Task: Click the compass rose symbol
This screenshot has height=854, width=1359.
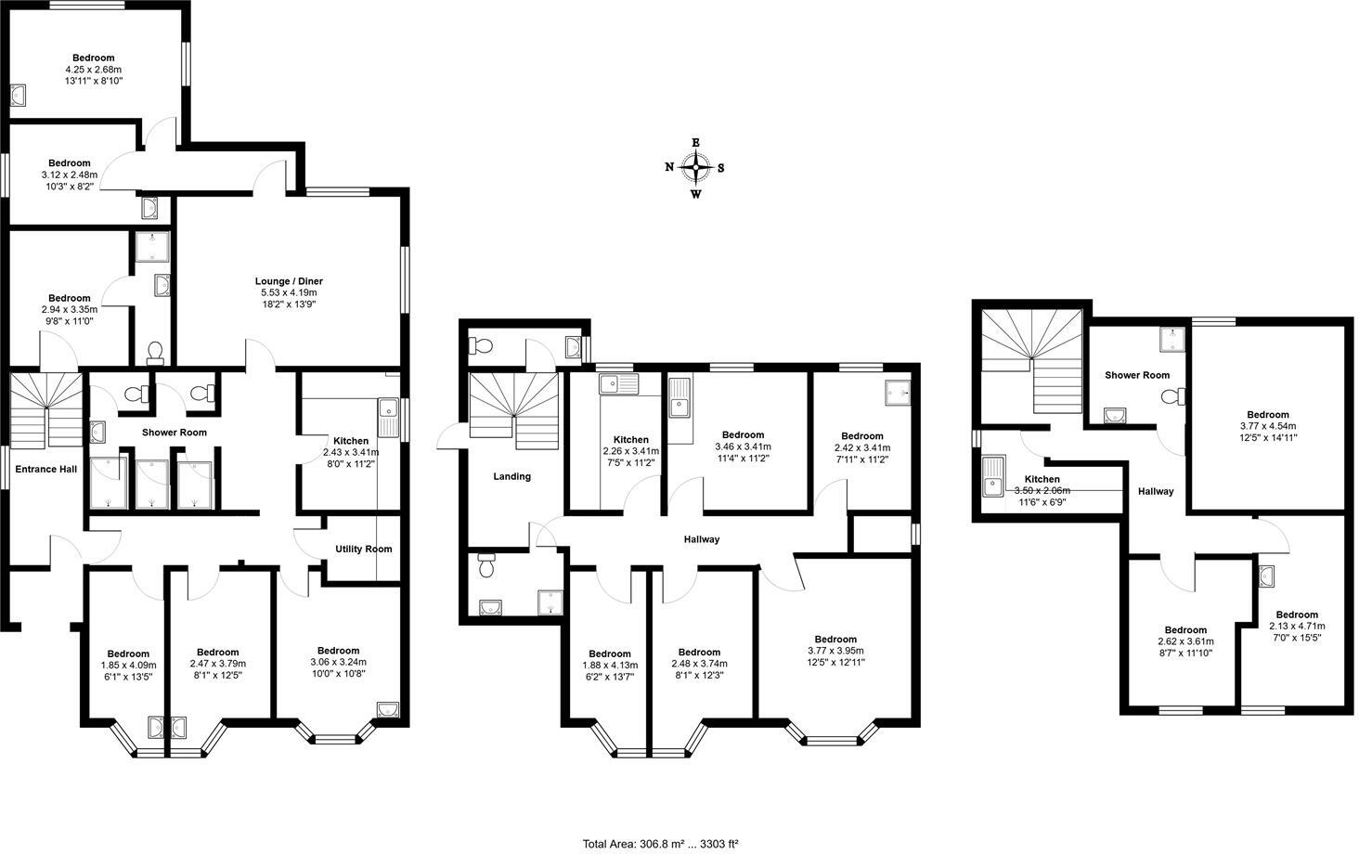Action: coord(695,168)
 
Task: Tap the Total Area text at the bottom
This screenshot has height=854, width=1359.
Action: coord(660,844)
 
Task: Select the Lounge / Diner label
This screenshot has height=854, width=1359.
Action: coord(289,281)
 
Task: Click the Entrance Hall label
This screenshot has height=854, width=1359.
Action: coord(45,470)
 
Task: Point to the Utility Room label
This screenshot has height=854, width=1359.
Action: coord(363,549)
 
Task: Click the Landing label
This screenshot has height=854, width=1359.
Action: coord(511,476)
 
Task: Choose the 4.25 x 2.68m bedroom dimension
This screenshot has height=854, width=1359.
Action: coord(93,70)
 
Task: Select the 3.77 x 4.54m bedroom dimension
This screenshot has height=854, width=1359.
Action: coord(1267,426)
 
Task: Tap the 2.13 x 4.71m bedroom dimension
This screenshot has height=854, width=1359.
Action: coord(1296,626)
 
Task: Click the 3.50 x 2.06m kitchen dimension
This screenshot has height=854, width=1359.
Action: coord(1042,491)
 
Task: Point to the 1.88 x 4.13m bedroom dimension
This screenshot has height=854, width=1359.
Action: coord(609,665)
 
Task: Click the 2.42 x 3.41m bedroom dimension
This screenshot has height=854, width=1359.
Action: coord(861,447)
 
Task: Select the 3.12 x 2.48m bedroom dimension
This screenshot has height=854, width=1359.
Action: coord(69,175)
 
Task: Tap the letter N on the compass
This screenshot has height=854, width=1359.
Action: coord(669,168)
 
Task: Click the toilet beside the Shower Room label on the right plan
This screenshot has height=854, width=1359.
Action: coord(1172,397)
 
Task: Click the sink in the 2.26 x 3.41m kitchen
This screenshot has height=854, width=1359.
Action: coord(617,383)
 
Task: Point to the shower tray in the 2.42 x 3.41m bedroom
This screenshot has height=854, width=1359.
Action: coord(898,391)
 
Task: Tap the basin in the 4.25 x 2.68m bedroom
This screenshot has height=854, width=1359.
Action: coord(19,95)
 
